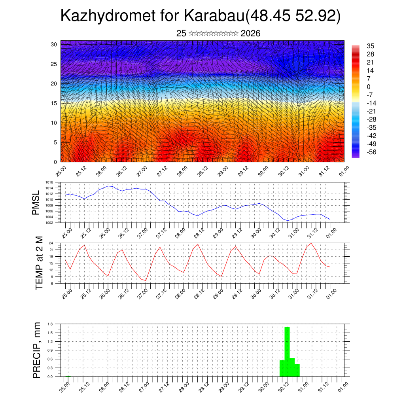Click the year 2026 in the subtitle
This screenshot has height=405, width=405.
pyautogui.click(x=250, y=33)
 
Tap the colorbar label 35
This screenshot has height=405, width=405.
pyautogui.click(x=371, y=46)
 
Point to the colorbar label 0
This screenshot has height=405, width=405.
pyautogui.click(x=369, y=87)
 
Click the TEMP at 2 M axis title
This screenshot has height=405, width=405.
pyautogui.click(x=38, y=263)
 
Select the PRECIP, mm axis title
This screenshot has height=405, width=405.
pyautogui.click(x=37, y=350)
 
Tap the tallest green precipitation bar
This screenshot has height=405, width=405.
pyautogui.click(x=287, y=352)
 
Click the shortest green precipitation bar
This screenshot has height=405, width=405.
pyautogui.click(x=297, y=370)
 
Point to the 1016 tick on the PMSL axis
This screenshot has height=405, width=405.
pyautogui.click(x=49, y=182)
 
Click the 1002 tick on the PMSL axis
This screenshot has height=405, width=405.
pyautogui.click(x=49, y=223)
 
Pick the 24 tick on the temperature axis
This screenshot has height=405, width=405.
pyautogui.click(x=51, y=243)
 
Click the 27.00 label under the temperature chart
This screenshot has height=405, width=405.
pyautogui.click(x=143, y=293)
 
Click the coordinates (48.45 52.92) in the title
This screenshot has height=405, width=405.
pyautogui.click(x=293, y=16)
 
